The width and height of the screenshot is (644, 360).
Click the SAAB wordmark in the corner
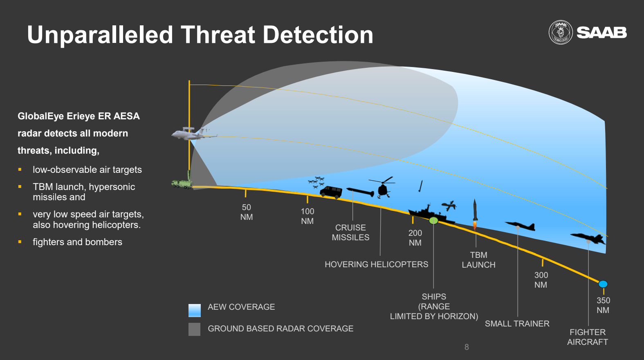(602, 32)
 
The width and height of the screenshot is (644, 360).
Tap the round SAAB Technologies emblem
(561, 32)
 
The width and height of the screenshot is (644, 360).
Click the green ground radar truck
(182, 181)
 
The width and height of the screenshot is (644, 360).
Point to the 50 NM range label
(247, 212)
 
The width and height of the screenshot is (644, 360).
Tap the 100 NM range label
(307, 216)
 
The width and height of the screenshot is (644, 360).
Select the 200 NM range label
(415, 237)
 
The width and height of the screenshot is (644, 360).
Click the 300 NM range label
(541, 280)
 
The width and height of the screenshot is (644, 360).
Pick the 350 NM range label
(603, 305)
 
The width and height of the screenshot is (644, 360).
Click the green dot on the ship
(433, 221)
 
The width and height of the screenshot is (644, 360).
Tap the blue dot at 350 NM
(603, 284)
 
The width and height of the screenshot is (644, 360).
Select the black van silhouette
(331, 192)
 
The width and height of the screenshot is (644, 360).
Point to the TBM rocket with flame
(475, 215)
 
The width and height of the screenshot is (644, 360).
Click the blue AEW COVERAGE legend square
(195, 311)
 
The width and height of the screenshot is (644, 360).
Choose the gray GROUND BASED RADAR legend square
(194, 329)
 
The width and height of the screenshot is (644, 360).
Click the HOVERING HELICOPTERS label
(376, 264)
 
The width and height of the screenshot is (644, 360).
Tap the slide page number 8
(467, 347)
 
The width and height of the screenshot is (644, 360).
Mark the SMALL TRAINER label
(517, 324)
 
